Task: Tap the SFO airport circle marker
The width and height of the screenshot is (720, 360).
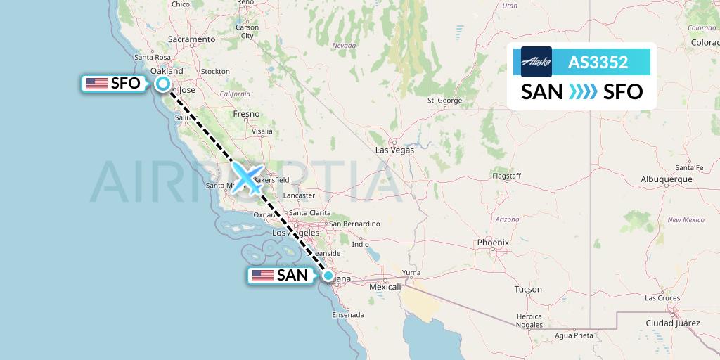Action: pyautogui.click(x=163, y=84)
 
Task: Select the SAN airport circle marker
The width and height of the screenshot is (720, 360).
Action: pyautogui.click(x=328, y=275)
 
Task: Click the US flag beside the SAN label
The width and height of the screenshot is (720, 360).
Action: pyautogui.click(x=263, y=276)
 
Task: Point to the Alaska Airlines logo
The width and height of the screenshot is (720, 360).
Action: pyautogui.click(x=536, y=62)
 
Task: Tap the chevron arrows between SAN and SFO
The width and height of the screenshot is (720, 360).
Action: pyautogui.click(x=582, y=91)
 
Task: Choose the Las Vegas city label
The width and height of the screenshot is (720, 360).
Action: pyautogui.click(x=394, y=150)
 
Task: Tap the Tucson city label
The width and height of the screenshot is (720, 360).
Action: pyautogui.click(x=528, y=289)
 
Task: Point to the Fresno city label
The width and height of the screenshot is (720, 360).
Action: pyautogui.click(x=246, y=114)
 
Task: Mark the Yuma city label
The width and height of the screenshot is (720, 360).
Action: pyautogui.click(x=411, y=273)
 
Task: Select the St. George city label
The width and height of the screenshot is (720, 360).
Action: pyautogui.click(x=444, y=100)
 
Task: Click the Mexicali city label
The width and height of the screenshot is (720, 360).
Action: pyautogui.click(x=385, y=287)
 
